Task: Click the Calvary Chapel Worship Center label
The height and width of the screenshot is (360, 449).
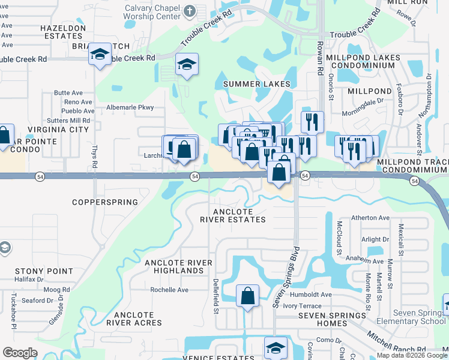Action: point(152,12)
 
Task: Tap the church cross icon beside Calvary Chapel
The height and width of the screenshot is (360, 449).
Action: point(189,10)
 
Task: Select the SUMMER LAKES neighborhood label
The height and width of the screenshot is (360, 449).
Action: point(257,84)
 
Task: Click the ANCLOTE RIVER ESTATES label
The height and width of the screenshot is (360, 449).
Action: point(240,215)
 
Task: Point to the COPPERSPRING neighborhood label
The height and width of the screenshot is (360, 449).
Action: point(105,202)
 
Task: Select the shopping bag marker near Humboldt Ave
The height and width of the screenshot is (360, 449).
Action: point(247,296)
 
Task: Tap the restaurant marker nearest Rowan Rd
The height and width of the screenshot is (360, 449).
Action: point(312,122)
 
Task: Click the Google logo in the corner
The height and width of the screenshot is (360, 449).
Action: point(20,353)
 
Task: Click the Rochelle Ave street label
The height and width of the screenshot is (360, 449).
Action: point(169,290)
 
